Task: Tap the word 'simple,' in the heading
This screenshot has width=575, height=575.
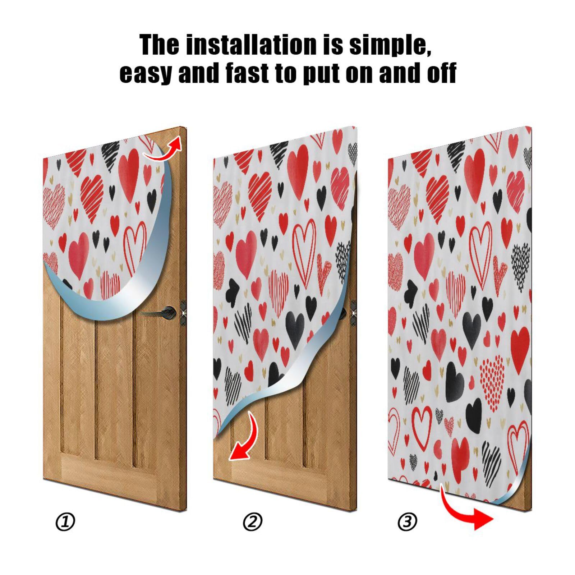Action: (390, 45)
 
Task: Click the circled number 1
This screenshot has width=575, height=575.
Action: (65, 522)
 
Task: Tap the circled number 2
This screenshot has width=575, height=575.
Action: (253, 522)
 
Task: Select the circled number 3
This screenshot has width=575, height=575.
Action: (407, 522)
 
